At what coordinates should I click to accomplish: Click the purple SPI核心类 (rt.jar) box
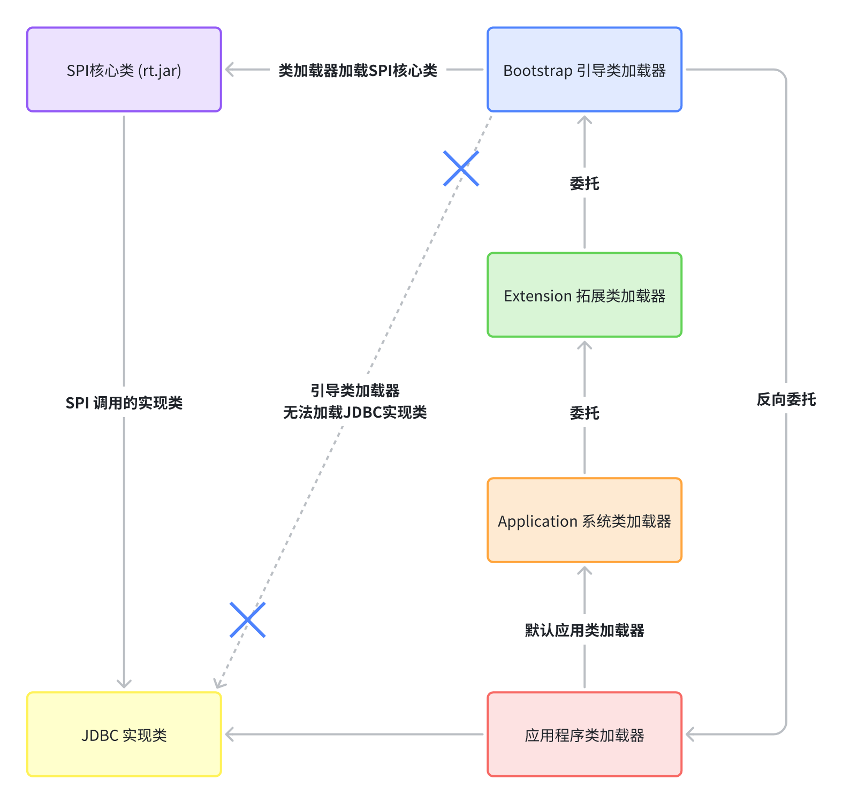(124, 70)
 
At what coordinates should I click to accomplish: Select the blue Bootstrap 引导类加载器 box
(584, 70)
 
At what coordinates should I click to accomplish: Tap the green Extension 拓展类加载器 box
(584, 295)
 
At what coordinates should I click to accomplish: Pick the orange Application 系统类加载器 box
(584, 520)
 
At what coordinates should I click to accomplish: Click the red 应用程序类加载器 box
(584, 735)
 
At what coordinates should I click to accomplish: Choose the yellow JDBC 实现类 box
(124, 735)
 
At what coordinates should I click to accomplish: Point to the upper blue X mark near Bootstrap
(461, 169)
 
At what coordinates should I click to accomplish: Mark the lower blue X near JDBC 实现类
(247, 620)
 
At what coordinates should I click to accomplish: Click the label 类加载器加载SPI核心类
(358, 70)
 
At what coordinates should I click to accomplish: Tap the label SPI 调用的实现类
(124, 403)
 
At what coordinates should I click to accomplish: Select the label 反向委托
(786, 399)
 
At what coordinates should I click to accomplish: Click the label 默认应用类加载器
(584, 630)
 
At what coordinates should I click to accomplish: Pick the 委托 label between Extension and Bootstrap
(584, 184)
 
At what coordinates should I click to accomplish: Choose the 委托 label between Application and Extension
(584, 413)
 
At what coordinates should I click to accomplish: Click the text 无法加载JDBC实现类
(354, 412)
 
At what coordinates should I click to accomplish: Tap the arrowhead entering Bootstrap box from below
(584, 119)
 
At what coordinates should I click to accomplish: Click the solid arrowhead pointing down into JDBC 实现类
(124, 685)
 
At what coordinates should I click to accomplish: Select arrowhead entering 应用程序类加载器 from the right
(689, 735)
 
